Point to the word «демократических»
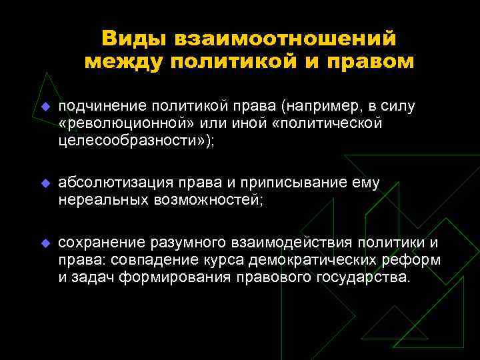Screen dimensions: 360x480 [311, 259]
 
